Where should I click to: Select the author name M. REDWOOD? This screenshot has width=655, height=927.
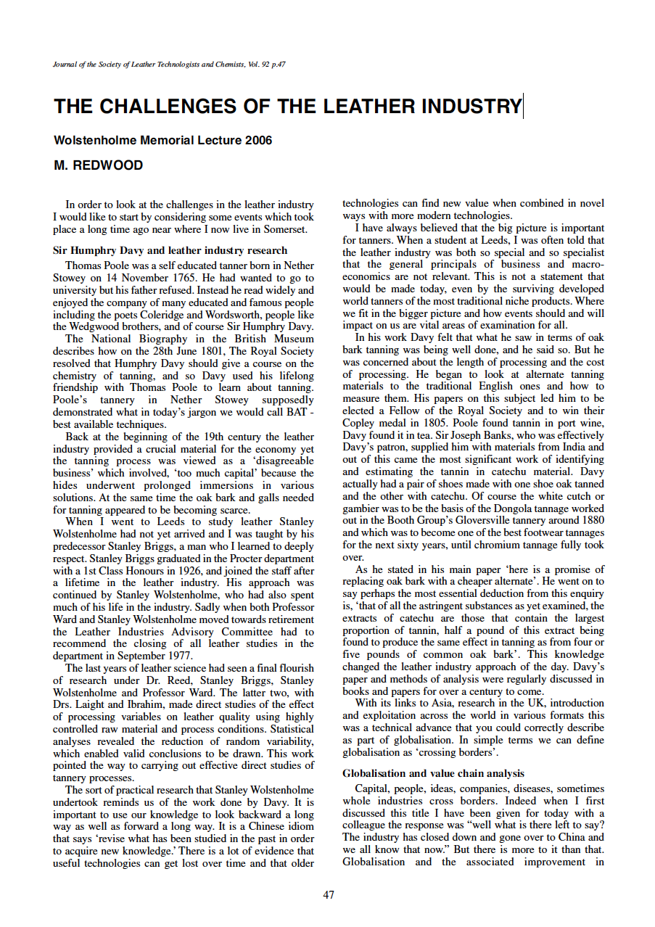pyautogui.click(x=99, y=165)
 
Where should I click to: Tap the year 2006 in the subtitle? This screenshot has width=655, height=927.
pyautogui.click(x=258, y=140)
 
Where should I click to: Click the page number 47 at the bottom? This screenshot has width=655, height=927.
pyautogui.click(x=328, y=894)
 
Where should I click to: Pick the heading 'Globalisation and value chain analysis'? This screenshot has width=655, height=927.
pyautogui.click(x=433, y=773)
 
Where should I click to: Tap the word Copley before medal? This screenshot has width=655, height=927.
pyautogui.click(x=359, y=423)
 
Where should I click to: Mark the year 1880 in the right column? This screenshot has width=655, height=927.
pyautogui.click(x=591, y=521)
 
